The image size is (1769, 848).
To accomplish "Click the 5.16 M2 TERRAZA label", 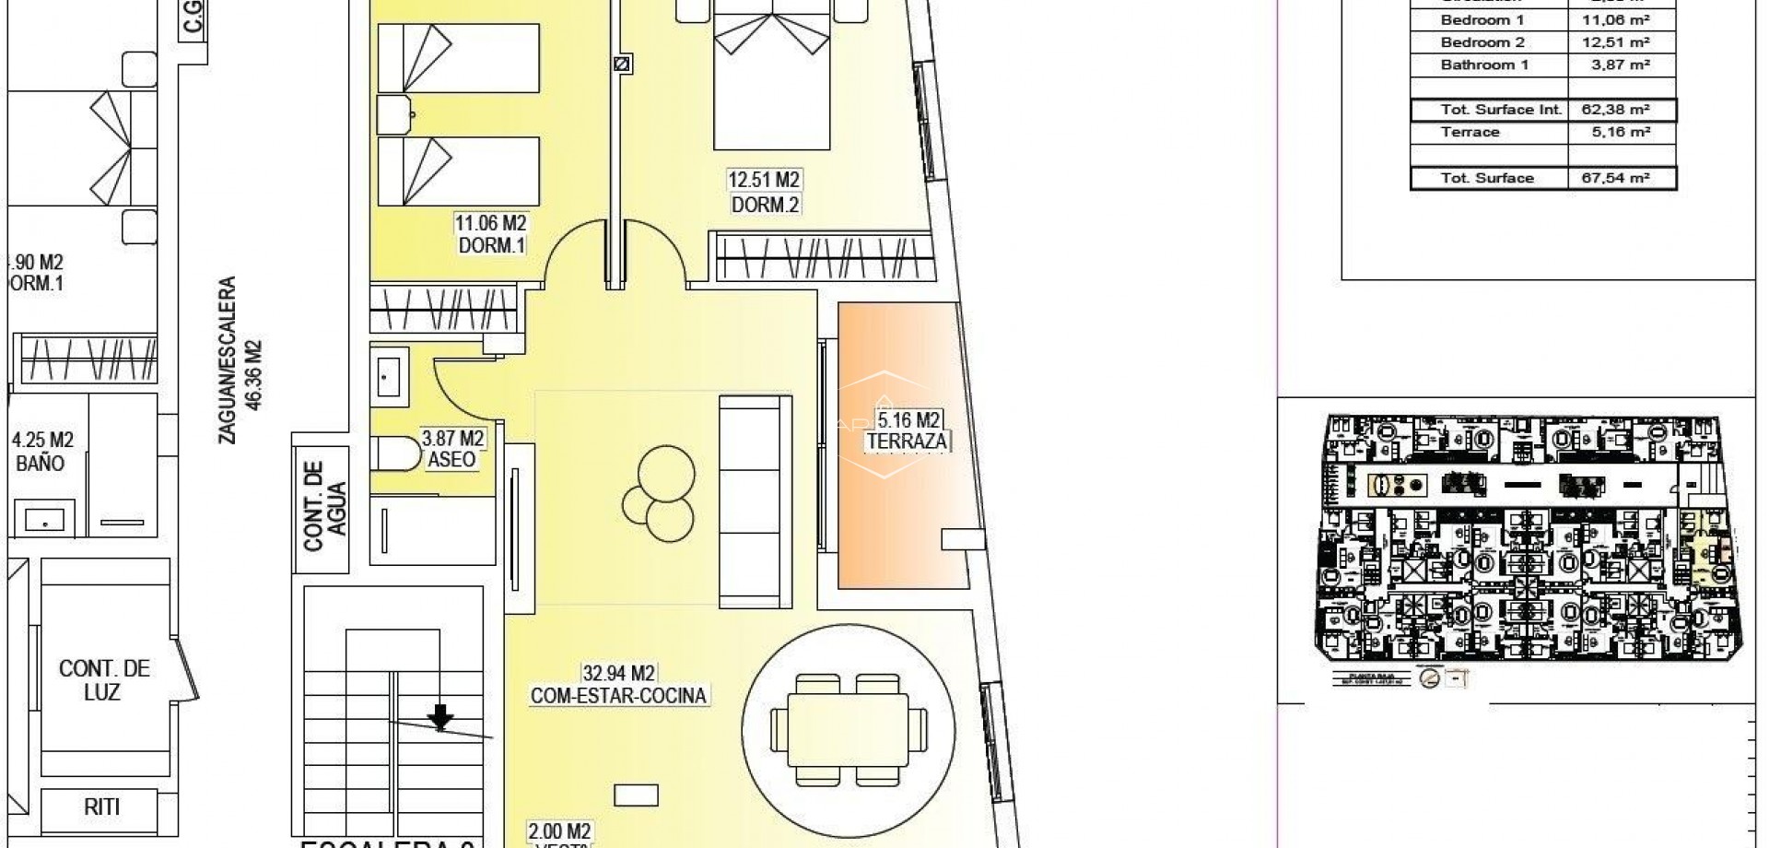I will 907,431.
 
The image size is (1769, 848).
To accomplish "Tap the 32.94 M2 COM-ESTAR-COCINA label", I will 619,685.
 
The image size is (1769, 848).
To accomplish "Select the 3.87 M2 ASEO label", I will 452,449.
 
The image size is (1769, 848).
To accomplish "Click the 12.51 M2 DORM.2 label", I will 764,193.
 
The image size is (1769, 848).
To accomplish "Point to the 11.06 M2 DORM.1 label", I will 490,234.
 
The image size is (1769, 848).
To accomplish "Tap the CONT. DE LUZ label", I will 103,679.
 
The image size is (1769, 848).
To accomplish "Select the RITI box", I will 101,807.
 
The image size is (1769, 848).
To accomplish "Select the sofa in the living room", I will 755,500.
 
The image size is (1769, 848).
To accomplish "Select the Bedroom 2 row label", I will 1482,42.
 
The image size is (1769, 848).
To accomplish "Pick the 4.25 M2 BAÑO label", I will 41,452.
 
